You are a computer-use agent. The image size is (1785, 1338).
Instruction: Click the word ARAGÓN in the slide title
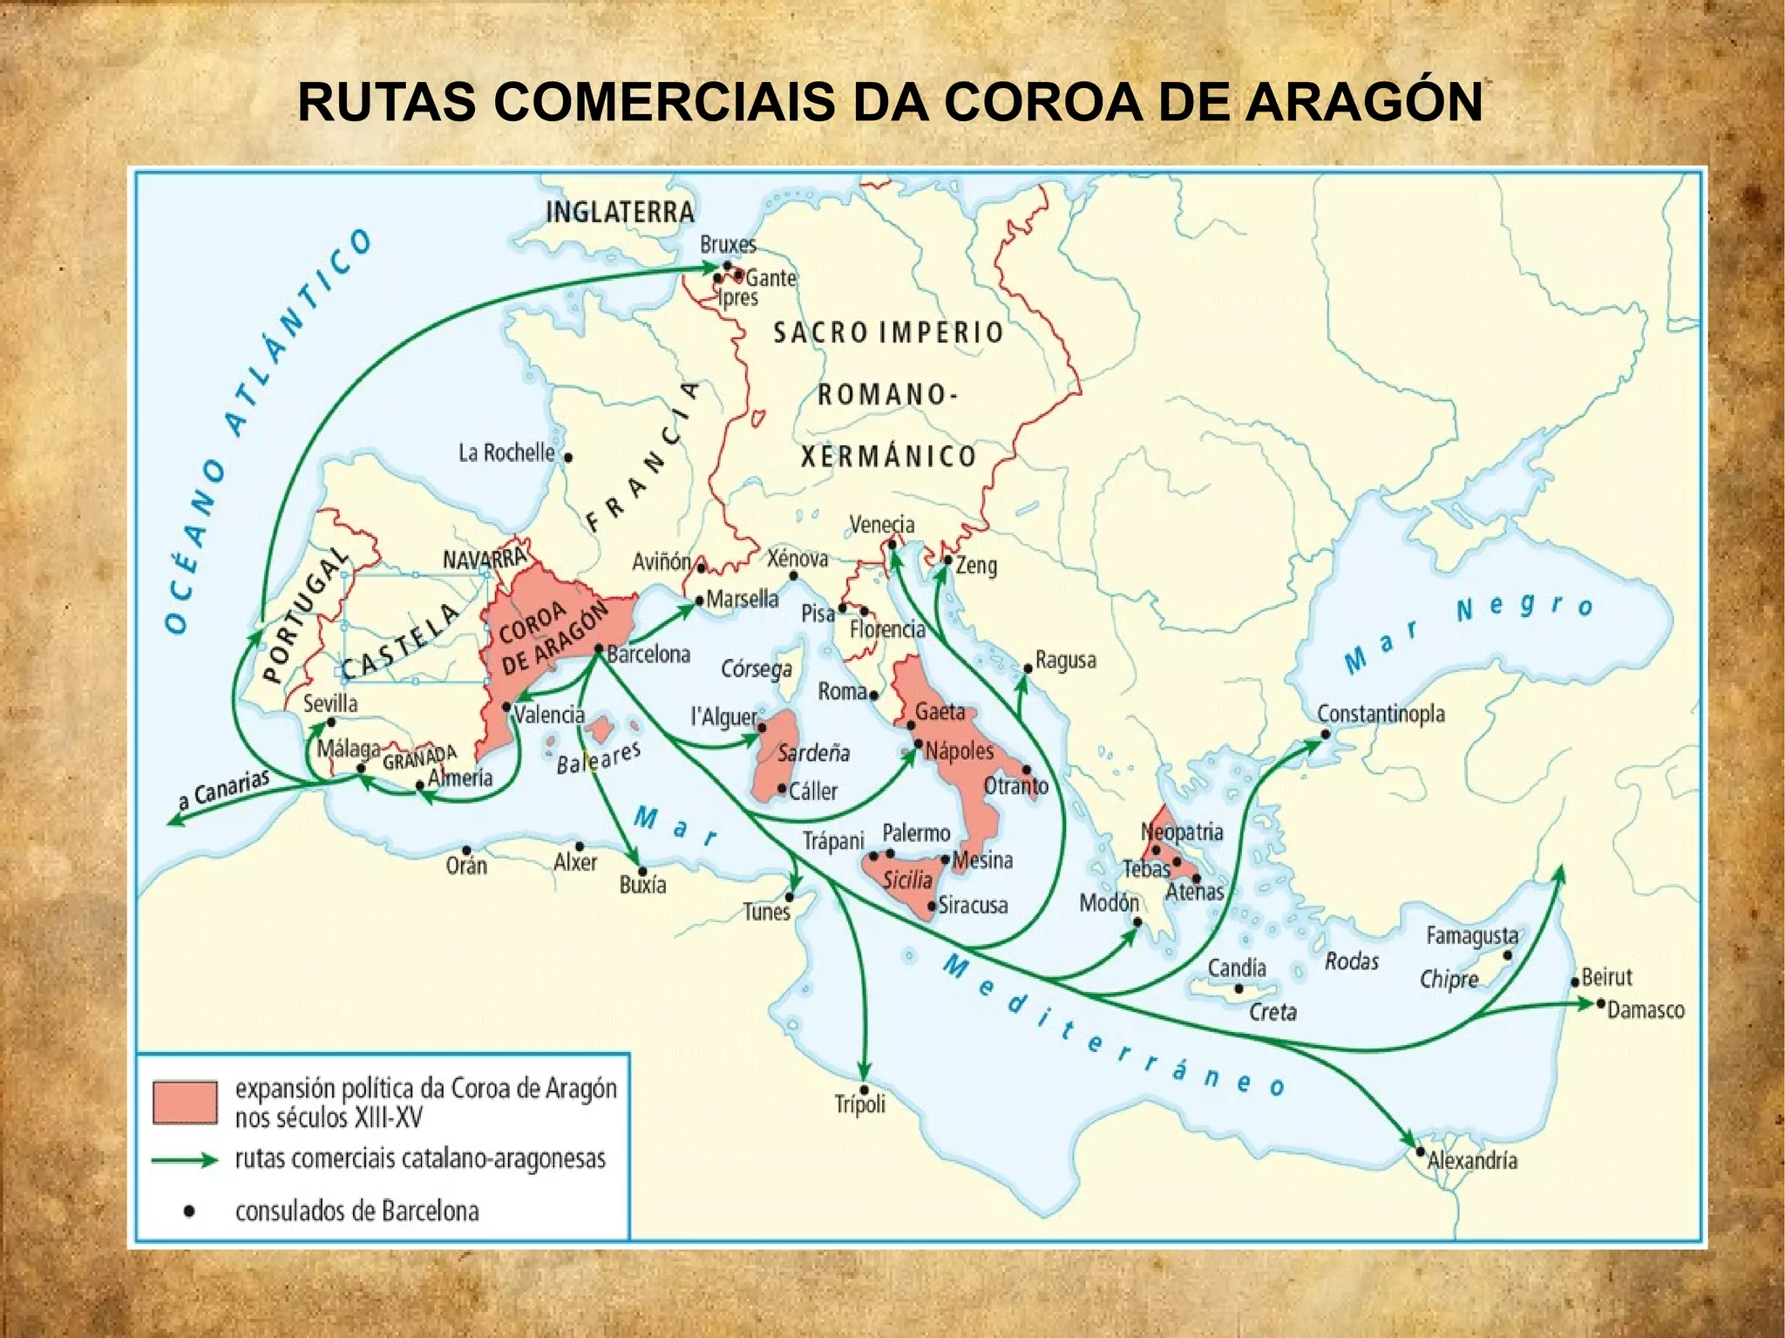1363,102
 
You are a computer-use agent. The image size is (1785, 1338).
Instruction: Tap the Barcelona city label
648,654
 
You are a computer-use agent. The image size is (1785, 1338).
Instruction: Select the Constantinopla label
1381,714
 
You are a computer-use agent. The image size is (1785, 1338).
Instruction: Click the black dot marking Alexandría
1420,1151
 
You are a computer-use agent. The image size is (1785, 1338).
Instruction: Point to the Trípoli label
859,1104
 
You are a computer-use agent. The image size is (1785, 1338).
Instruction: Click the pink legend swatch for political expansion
185,1102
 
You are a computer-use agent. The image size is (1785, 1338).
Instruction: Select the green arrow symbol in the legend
185,1160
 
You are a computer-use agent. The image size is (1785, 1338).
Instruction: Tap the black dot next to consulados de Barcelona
189,1211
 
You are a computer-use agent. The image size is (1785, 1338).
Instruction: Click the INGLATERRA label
620,212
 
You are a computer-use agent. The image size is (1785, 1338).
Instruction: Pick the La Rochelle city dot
567,457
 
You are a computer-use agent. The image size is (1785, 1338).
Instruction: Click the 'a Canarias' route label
223,790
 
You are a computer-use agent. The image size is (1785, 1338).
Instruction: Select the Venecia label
882,524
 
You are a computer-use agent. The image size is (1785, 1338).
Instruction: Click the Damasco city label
1646,1009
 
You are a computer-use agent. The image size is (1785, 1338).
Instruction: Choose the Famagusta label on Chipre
1472,935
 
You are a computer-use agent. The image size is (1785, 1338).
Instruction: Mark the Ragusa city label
1065,660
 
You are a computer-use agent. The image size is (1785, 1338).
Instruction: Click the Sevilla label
330,703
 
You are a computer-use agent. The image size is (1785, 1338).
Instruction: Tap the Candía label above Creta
1236,968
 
